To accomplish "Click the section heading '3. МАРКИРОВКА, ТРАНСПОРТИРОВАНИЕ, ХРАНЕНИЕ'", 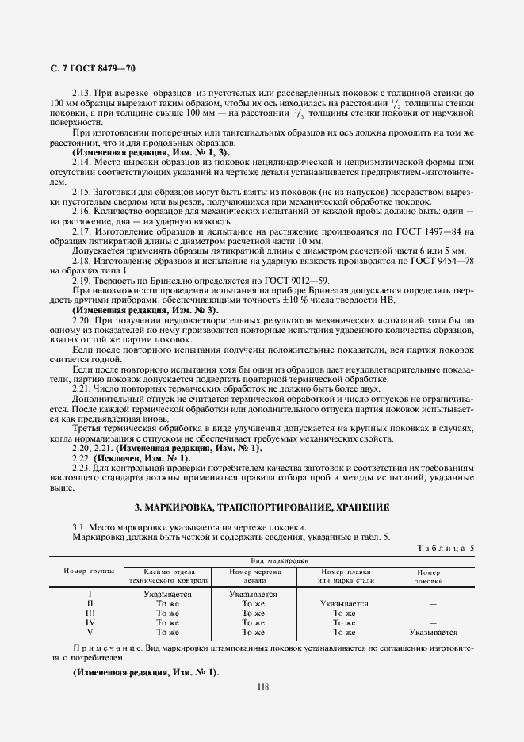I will pyautogui.click(x=262, y=507).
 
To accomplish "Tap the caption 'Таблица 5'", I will pyautogui.click(x=446, y=547).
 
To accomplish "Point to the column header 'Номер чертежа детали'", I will pyautogui.click(x=253, y=576).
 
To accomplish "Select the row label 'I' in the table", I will pyautogui.click(x=90, y=594).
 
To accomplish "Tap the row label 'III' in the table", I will pyautogui.click(x=90, y=613).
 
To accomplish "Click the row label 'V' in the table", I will pyautogui.click(x=90, y=632).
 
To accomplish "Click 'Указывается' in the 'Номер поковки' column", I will pyautogui.click(x=433, y=632).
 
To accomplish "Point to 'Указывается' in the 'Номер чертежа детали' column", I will pyautogui.click(x=253, y=594).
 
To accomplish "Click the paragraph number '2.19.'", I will pyautogui.click(x=83, y=280).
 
